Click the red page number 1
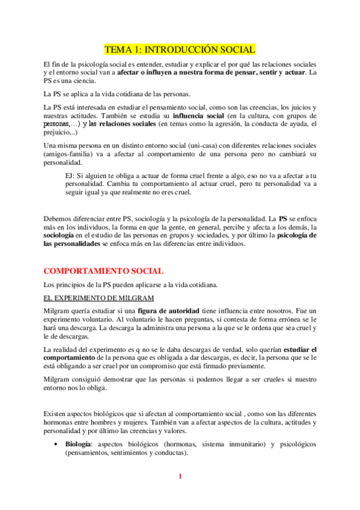(180, 477)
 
